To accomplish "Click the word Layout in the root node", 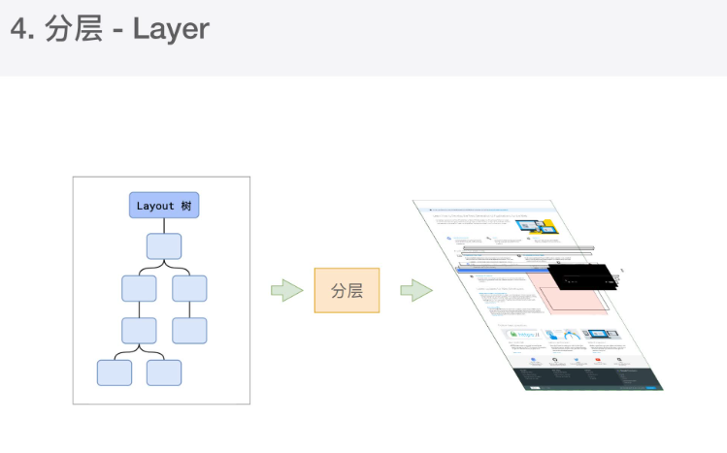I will (x=155, y=206).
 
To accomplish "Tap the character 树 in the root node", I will (x=185, y=206).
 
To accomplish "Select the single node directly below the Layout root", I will (x=164, y=246).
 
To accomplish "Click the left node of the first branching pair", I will (x=139, y=288).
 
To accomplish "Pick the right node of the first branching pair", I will (x=189, y=288).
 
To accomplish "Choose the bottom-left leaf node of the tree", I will (x=115, y=372).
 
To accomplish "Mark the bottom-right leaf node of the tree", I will (x=164, y=372).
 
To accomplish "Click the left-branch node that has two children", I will (x=139, y=330).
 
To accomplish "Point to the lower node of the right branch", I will (x=189, y=330).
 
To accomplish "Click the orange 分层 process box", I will (x=347, y=290).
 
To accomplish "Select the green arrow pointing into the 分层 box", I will (x=287, y=290).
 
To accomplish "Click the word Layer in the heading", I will (x=171, y=29).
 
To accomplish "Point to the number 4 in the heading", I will (x=18, y=29).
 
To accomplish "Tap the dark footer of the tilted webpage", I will (x=592, y=378).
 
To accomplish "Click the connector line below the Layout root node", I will (x=164, y=225).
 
